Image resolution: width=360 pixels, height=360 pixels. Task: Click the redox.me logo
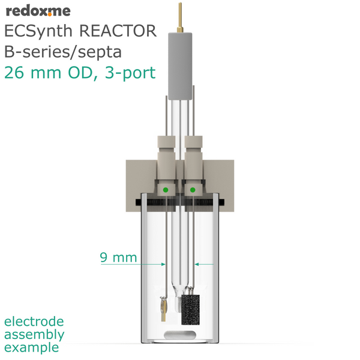[38, 11]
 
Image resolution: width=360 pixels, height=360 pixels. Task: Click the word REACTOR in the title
[118, 31]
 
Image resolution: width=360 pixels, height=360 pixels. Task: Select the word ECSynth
[38, 32]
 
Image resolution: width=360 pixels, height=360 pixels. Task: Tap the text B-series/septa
[63, 52]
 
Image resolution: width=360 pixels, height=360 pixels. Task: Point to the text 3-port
[130, 73]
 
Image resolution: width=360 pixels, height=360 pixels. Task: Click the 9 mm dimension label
[118, 257]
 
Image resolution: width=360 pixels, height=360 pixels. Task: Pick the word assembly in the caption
[34, 335]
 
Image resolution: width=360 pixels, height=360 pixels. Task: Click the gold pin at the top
[180, 17]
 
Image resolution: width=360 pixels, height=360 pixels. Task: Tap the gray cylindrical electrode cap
[180, 66]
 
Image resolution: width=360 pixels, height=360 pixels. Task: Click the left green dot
[166, 190]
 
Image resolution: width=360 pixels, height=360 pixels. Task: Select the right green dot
[193, 190]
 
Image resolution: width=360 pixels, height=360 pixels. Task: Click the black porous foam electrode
[190, 310]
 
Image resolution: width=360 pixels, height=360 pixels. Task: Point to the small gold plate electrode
[163, 310]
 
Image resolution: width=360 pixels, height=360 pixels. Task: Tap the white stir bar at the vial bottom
[180, 335]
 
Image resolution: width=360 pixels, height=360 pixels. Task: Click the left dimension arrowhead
[163, 264]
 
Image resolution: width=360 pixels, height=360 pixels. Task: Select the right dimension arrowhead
[197, 264]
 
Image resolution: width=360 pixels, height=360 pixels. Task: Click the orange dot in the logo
[50, 15]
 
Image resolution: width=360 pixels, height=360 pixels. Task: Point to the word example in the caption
[32, 347]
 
